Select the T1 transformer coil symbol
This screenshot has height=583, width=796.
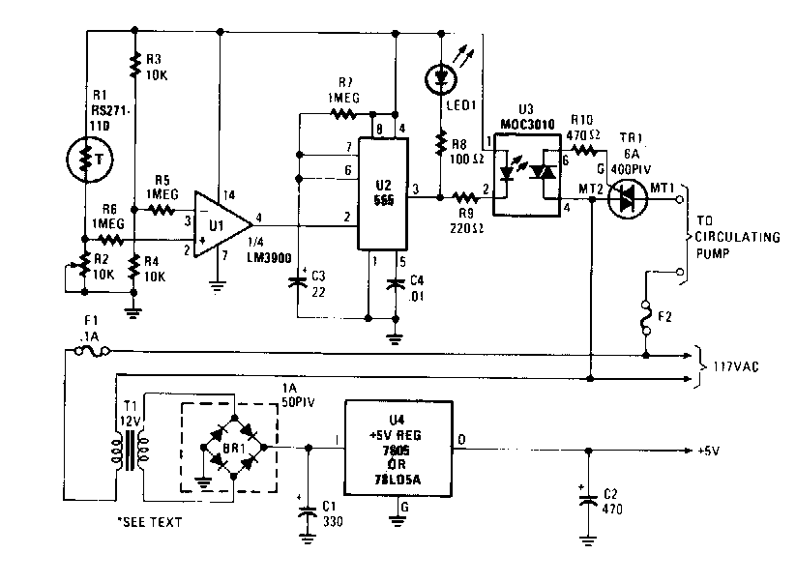coord(130,446)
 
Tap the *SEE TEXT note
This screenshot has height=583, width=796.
coord(149,522)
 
